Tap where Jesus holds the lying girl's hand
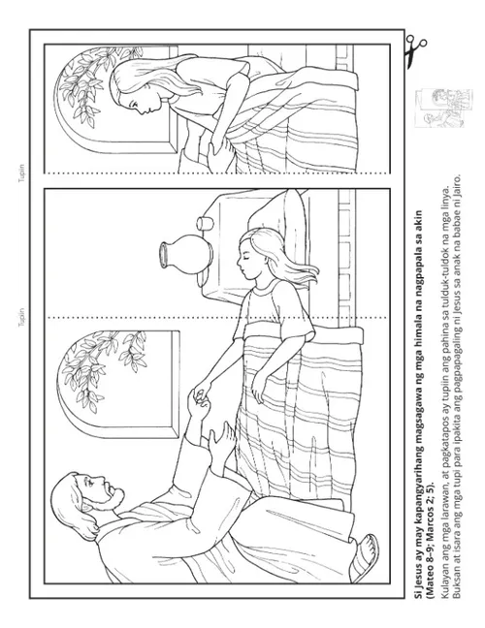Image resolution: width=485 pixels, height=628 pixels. (x=201, y=394)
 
